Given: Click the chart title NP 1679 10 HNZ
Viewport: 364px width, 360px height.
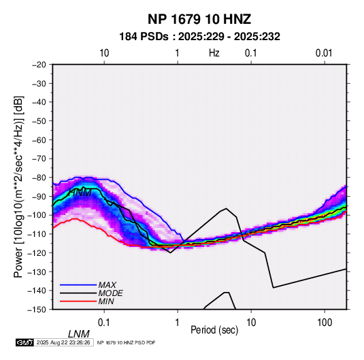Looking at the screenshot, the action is tap(199, 19).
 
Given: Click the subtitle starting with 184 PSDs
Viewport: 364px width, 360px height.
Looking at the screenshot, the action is tap(199, 37).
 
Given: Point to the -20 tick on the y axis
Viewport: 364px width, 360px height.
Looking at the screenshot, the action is tap(39, 65).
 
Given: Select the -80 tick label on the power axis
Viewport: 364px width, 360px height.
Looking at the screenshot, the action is tap(39, 178).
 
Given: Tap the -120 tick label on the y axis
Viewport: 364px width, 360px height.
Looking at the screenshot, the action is tap(37, 252).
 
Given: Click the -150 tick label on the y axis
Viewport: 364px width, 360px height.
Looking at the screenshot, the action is tap(37, 310).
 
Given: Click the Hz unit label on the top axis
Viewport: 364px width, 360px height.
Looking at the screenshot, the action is tap(214, 53).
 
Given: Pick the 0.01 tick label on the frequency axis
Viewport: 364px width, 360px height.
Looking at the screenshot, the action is tap(324, 53).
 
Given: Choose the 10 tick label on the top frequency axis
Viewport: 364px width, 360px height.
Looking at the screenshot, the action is tap(104, 53).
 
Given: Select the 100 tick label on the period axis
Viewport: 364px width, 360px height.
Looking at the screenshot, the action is tap(325, 323).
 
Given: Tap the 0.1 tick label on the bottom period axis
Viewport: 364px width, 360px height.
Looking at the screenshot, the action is tap(104, 323).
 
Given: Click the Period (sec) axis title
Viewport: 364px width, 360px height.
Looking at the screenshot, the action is tap(214, 330).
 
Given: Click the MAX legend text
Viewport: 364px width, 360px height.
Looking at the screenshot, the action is tap(107, 285).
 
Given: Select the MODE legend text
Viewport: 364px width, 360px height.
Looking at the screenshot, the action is tap(110, 293).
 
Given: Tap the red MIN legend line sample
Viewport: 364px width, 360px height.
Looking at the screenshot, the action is tap(78, 301).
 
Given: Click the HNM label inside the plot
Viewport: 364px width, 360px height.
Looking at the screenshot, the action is tap(80, 193).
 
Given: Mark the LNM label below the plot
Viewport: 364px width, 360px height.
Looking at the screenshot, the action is tap(79, 334).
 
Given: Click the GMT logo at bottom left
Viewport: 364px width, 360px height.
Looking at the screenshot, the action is tap(24, 342).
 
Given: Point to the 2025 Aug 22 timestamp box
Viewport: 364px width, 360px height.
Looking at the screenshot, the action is tap(63, 342).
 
